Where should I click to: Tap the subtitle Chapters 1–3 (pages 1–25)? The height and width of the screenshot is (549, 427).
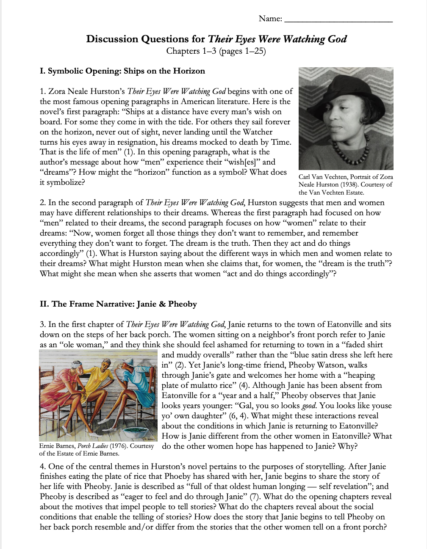pos(216,51)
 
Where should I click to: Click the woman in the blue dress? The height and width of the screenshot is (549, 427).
pos(136,381)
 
